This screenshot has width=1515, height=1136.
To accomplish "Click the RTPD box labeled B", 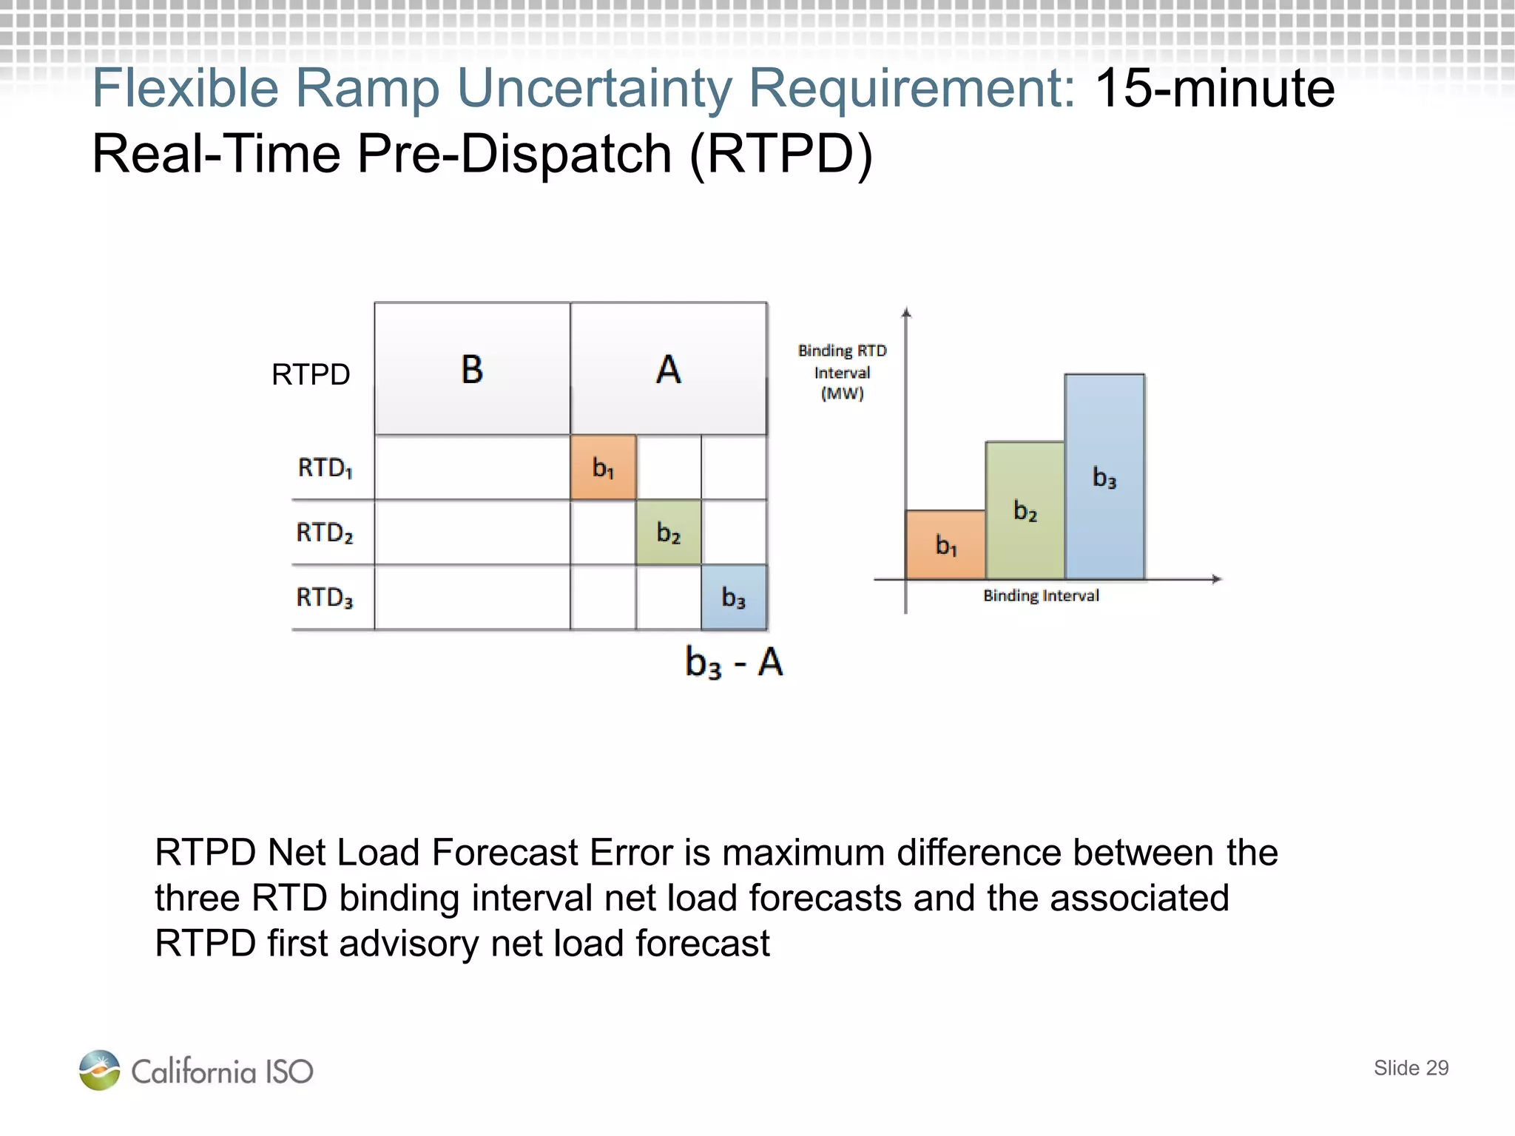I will pyautogui.click(x=472, y=368).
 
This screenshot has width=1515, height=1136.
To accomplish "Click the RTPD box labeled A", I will pyautogui.click(x=668, y=368).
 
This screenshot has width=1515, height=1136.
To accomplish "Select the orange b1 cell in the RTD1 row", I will pyautogui.click(x=603, y=467).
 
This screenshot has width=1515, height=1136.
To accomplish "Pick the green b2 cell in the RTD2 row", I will pyautogui.click(x=668, y=532).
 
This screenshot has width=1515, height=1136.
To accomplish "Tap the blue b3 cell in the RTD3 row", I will pyautogui.click(x=734, y=598).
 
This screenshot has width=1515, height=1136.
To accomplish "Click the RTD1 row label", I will pyautogui.click(x=325, y=467).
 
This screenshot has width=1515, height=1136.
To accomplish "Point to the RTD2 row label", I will pyautogui.click(x=325, y=532).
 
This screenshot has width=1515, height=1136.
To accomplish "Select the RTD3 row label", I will pyautogui.click(x=325, y=598).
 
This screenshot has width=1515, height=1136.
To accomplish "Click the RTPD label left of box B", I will pyautogui.click(x=311, y=374).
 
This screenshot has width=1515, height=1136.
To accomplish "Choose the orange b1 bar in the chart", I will pyautogui.click(x=945, y=545).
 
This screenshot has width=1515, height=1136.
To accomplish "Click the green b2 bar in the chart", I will pyautogui.click(x=1025, y=510).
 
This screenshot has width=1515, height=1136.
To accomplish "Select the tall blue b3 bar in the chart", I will pyautogui.click(x=1104, y=477).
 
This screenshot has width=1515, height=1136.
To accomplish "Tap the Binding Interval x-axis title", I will pyautogui.click(x=1041, y=595).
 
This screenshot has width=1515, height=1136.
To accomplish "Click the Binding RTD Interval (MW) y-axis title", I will pyautogui.click(x=842, y=372).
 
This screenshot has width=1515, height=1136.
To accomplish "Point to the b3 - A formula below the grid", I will pyautogui.click(x=733, y=662).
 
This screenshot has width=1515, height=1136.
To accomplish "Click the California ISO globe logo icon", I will pyautogui.click(x=99, y=1070).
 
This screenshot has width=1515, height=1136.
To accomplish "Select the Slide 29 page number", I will pyautogui.click(x=1411, y=1068).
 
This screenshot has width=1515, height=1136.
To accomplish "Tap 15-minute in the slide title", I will pyautogui.click(x=1215, y=88).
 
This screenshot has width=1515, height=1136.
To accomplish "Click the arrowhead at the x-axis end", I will pyautogui.click(x=1216, y=579).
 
